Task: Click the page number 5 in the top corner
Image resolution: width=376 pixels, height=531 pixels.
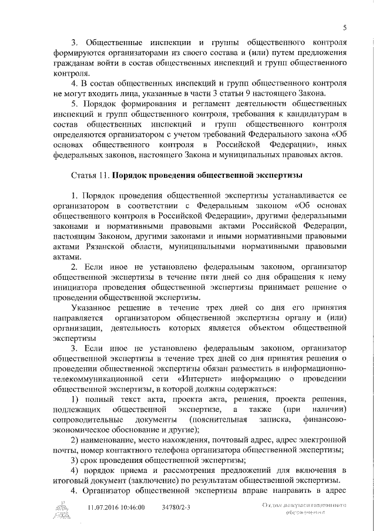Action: click(x=345, y=27)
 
